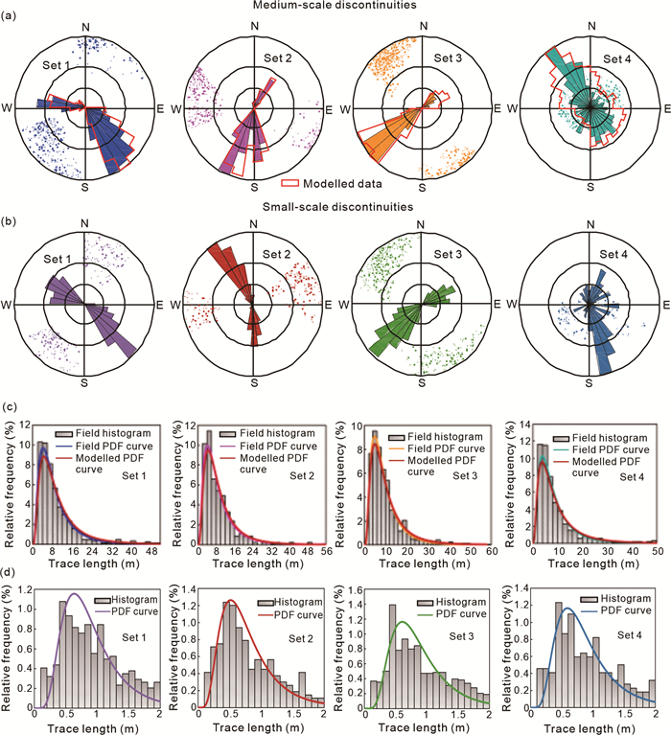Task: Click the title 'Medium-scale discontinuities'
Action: [x=336, y=8]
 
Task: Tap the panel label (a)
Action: [x=12, y=15]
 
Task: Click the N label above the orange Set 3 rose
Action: [x=424, y=28]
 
